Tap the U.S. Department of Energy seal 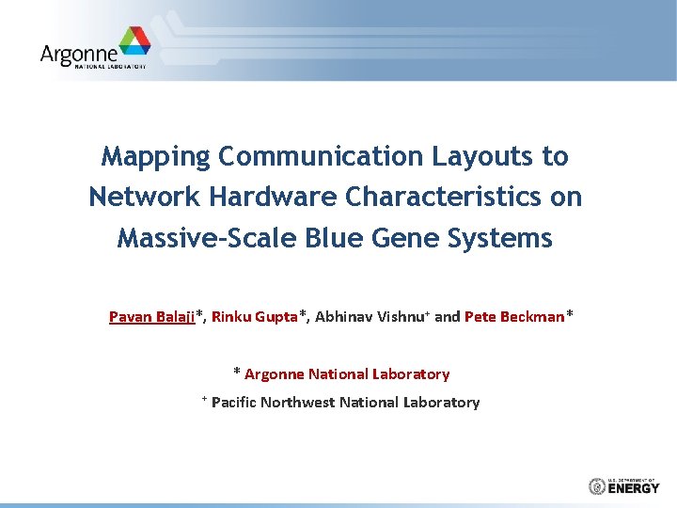click(x=596, y=486)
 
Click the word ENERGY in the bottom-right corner click(x=635, y=488)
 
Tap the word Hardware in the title click(x=275, y=198)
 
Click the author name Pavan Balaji click(x=151, y=317)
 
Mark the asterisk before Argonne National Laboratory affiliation click(x=237, y=373)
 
